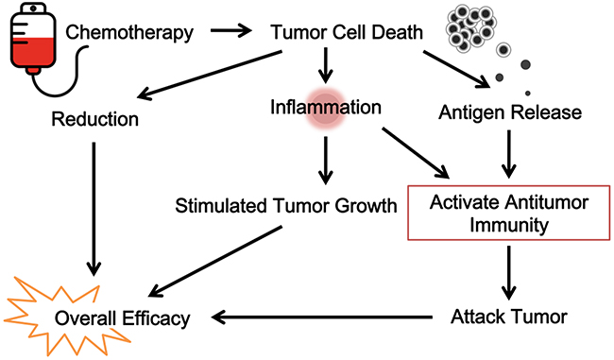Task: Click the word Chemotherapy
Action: click(x=129, y=32)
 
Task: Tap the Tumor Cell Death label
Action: click(x=347, y=32)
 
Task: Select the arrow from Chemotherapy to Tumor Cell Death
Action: click(x=231, y=30)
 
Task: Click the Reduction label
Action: click(x=95, y=119)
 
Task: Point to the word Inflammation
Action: click(x=326, y=107)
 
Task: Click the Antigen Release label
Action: click(x=510, y=112)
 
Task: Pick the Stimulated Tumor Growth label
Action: click(x=286, y=206)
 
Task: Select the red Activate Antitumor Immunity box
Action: click(x=509, y=213)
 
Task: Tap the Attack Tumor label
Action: click(x=509, y=317)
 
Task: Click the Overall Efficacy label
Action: click(x=122, y=318)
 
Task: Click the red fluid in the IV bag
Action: click(x=33, y=52)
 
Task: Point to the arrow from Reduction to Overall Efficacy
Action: click(x=94, y=209)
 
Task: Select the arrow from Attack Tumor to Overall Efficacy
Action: click(x=322, y=317)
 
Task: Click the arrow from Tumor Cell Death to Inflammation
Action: click(x=325, y=65)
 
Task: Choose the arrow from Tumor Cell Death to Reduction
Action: click(x=210, y=75)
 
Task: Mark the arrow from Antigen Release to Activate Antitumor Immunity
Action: click(x=508, y=154)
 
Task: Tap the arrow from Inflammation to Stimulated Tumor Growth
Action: click(x=325, y=161)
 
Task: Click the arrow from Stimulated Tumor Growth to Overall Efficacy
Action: click(x=215, y=262)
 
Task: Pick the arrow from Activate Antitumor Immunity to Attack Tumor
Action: click(x=508, y=273)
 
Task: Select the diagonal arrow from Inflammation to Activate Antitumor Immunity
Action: click(x=416, y=153)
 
